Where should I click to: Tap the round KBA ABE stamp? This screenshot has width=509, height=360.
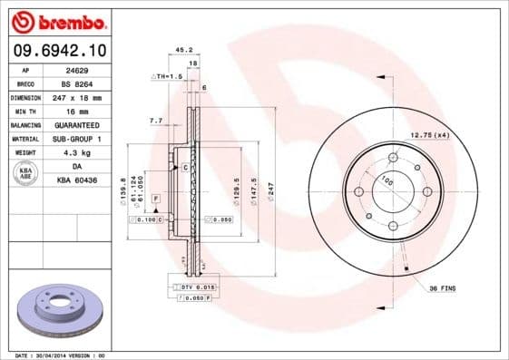pos(26,174)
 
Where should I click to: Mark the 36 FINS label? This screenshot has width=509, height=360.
pos(441,287)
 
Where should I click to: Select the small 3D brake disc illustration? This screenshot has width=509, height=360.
pos(59,312)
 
